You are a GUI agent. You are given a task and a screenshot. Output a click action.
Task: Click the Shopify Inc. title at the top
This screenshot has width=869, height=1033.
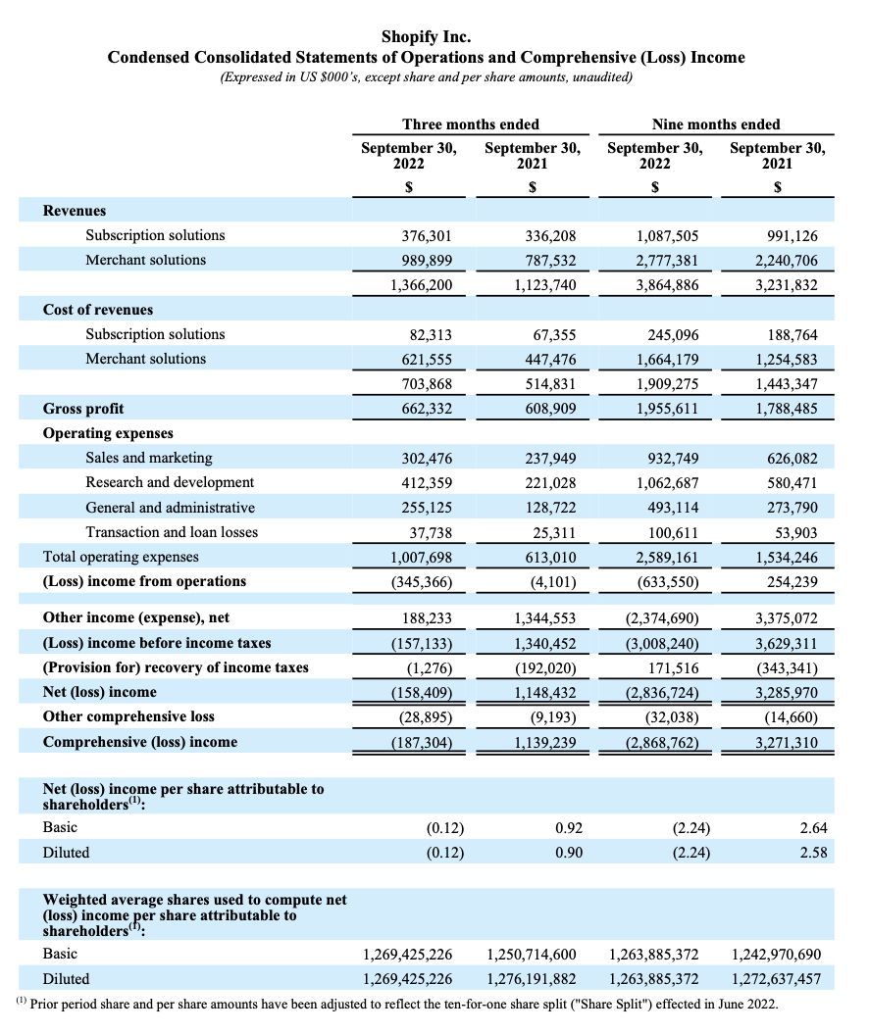pyautogui.click(x=426, y=37)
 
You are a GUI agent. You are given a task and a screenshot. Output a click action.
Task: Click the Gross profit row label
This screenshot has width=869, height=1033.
pyautogui.click(x=83, y=408)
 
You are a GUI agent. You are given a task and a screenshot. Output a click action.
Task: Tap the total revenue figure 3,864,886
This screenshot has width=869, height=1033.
pyautogui.click(x=667, y=285)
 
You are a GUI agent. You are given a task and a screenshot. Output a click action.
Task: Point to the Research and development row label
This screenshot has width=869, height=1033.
pyautogui.click(x=170, y=482)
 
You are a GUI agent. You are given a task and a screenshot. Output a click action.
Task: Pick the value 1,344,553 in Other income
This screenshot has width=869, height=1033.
pyautogui.click(x=544, y=618)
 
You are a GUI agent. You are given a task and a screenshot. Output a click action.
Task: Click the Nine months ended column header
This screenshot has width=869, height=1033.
pyautogui.click(x=716, y=124)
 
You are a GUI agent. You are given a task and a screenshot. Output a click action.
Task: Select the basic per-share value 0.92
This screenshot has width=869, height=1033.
pyautogui.click(x=569, y=828)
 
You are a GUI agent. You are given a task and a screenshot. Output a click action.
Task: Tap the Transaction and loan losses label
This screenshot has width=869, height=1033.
pyautogui.click(x=172, y=532)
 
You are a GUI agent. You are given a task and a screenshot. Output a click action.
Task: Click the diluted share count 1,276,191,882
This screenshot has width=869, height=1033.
pyautogui.click(x=531, y=978)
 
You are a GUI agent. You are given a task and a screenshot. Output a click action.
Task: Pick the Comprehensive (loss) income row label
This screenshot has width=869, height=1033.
pyautogui.click(x=140, y=742)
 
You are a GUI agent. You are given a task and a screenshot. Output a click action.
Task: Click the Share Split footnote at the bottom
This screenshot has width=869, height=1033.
pyautogui.click(x=397, y=1005)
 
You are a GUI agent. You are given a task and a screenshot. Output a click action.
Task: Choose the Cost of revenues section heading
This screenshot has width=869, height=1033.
pyautogui.click(x=98, y=309)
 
